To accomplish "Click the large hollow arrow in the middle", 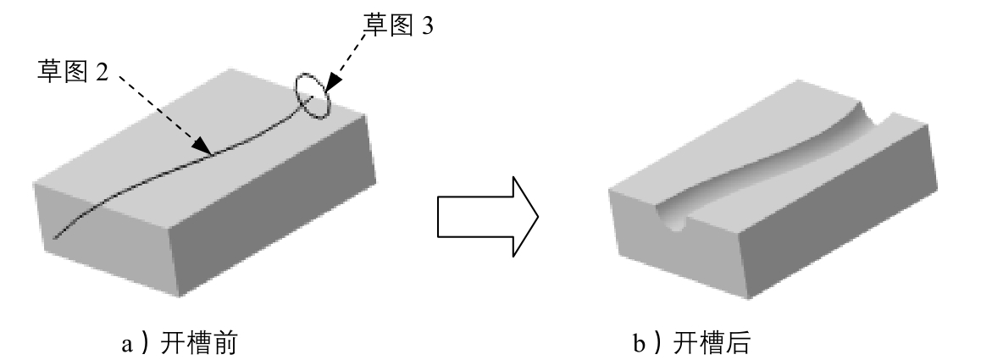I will tap(486, 217).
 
